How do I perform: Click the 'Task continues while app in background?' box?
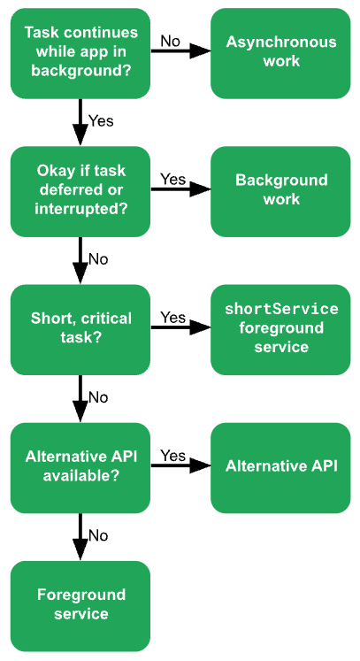point(80,52)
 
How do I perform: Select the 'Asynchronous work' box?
point(280,52)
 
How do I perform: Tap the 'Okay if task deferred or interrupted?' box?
point(80,190)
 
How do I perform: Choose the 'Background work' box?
point(280,190)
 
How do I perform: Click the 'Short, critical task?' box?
point(80,328)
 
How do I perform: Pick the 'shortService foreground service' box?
point(280,328)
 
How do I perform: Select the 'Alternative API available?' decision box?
point(80,466)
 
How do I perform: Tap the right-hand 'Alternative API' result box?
point(280,466)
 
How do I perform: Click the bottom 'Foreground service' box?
point(80,604)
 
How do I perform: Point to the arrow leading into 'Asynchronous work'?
point(180,52)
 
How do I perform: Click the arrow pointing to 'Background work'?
point(180,190)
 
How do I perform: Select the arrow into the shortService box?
point(180,328)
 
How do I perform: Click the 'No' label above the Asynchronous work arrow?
point(170,41)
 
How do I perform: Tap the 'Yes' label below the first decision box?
point(101,120)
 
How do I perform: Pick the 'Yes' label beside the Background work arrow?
point(172,179)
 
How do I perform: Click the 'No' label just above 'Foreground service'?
point(98,535)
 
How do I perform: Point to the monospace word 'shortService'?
point(281,309)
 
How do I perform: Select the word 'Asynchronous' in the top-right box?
point(281,42)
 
